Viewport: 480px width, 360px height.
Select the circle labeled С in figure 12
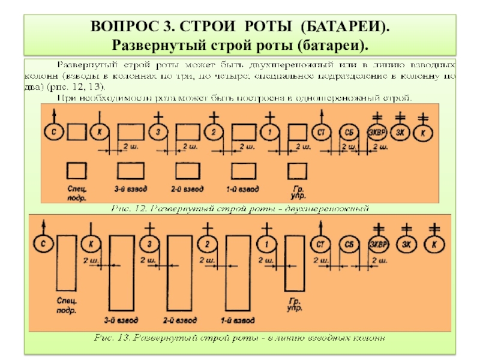coord(53,132)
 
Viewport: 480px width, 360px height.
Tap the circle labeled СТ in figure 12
coord(321,132)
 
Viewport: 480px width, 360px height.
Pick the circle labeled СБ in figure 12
coord(349,132)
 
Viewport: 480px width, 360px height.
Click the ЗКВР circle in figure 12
coord(377,132)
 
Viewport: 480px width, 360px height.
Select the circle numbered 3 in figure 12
coord(158,132)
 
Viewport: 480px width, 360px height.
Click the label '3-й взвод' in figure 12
coord(128,188)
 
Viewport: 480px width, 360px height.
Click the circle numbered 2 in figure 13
coord(206,244)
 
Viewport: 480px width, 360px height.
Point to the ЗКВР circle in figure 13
coord(379,244)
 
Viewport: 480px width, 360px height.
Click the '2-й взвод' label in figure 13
coord(179,320)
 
